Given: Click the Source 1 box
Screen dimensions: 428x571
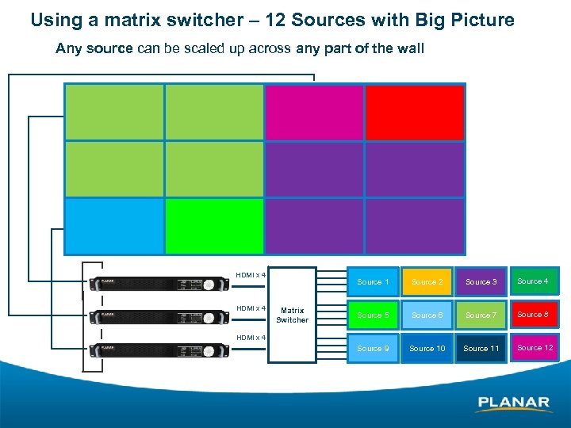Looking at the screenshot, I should click(373, 282).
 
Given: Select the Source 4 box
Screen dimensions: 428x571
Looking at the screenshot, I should click(533, 281).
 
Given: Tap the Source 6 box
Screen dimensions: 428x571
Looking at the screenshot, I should click(427, 315).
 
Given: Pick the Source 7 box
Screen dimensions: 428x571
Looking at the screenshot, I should click(481, 315).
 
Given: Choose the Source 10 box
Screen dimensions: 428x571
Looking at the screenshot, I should click(427, 349).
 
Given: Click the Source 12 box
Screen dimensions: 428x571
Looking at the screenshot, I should click(535, 348).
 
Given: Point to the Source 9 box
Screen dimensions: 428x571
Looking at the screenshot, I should click(373, 349).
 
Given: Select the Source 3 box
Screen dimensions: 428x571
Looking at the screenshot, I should click(481, 282).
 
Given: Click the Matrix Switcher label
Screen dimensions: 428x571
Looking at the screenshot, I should click(292, 315).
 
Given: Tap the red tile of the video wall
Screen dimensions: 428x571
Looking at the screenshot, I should click(415, 112).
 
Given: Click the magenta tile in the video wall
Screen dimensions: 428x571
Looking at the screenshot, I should click(314, 112).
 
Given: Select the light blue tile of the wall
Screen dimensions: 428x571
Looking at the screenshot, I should click(113, 226).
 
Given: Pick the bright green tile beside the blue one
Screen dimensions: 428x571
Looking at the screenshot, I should click(214, 226).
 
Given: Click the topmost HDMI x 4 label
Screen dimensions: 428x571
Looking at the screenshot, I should click(250, 276).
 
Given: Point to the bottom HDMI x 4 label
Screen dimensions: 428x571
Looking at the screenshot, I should click(250, 338).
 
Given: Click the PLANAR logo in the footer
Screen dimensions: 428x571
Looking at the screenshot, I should click(514, 403).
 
